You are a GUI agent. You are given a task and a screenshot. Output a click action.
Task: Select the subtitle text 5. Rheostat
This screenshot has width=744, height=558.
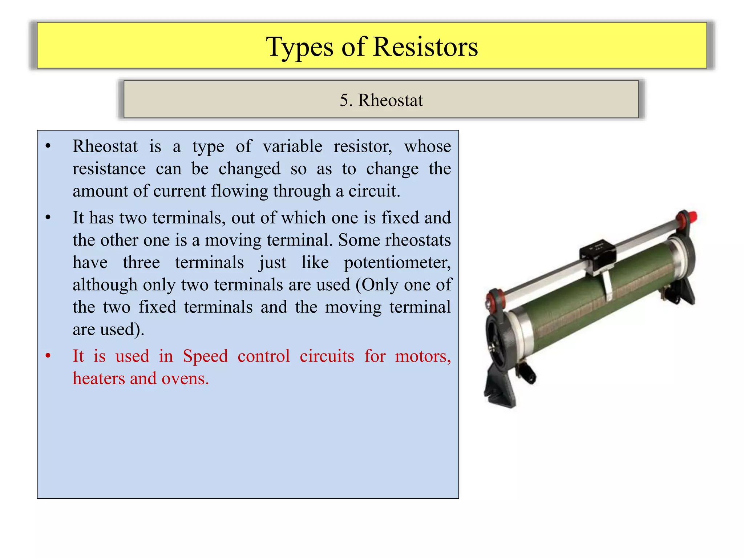[x=381, y=100]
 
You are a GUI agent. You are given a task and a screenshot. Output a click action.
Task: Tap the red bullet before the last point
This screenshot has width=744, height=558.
[x=48, y=356]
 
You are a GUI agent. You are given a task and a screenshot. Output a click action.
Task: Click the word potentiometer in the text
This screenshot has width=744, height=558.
[x=397, y=263]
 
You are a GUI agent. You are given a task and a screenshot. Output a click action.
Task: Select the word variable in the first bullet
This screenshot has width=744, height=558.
[x=292, y=147]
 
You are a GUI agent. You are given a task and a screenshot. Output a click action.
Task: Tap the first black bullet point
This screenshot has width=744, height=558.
[x=48, y=147]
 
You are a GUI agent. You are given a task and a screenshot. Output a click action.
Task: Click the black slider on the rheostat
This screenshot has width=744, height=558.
[x=597, y=254]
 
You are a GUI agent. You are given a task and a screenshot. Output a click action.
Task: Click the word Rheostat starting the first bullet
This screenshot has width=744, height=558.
[x=105, y=147]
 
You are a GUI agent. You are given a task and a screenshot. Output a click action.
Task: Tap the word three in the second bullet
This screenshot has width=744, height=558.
[x=141, y=263]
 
